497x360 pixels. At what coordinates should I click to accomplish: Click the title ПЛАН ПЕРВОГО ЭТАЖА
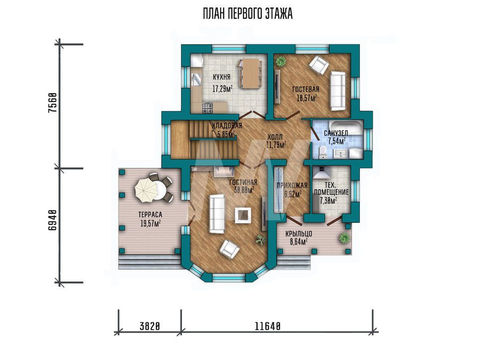(x=248, y=14)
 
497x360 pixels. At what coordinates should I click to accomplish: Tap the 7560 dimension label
(x=53, y=103)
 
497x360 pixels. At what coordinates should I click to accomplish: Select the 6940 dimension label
(x=53, y=220)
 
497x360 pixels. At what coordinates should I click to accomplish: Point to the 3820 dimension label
(x=150, y=326)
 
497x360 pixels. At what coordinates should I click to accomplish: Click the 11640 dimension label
(x=268, y=326)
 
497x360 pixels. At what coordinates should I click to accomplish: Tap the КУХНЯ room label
(x=222, y=77)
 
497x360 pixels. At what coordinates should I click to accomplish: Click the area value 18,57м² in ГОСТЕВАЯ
(x=307, y=98)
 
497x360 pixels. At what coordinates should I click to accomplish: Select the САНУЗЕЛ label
(x=336, y=133)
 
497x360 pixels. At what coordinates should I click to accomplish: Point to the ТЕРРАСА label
(x=150, y=215)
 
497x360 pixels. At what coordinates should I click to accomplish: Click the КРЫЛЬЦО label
(x=299, y=234)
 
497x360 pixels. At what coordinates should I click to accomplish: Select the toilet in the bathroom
(x=323, y=151)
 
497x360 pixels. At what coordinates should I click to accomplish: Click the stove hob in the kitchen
(x=208, y=107)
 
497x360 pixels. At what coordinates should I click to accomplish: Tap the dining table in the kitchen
(x=250, y=73)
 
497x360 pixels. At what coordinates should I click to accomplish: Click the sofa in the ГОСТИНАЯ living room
(x=217, y=214)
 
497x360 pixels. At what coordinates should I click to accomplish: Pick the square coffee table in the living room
(x=243, y=216)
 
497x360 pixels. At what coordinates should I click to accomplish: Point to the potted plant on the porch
(x=344, y=237)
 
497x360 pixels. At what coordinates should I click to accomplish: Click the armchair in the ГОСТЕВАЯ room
(x=319, y=65)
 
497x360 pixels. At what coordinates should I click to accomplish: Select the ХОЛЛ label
(x=275, y=138)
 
